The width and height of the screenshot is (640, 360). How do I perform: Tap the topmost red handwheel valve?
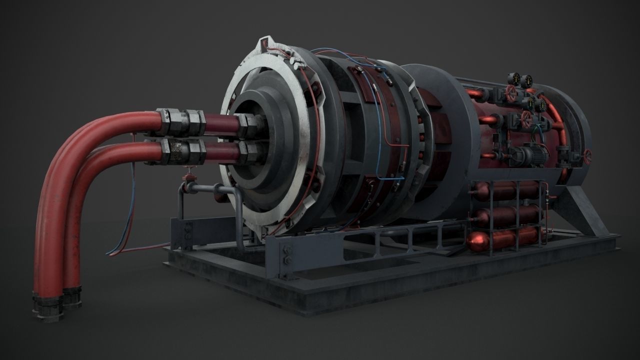(x=510, y=92)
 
